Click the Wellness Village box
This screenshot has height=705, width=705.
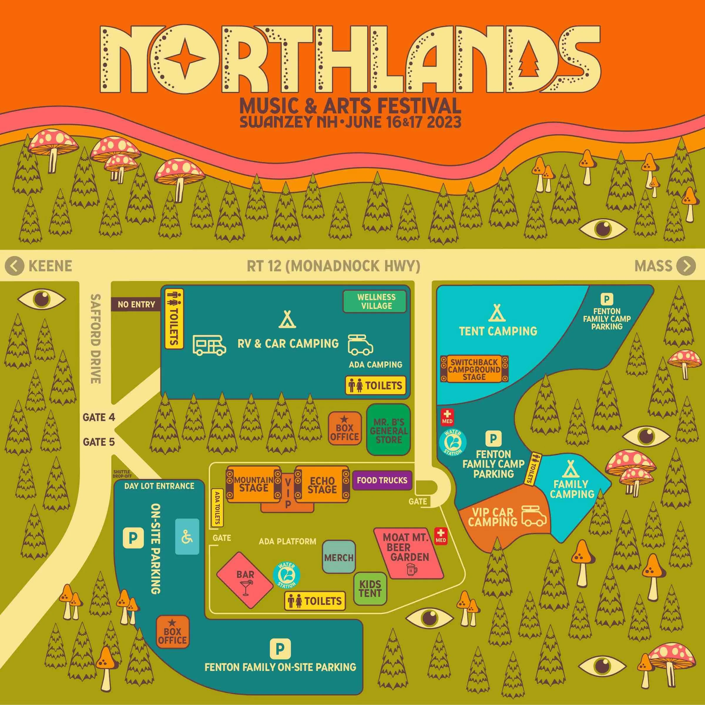(x=374, y=302)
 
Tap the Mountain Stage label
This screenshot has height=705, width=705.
(x=254, y=484)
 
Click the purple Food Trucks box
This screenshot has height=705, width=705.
(x=382, y=480)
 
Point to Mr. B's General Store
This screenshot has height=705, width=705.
(x=388, y=430)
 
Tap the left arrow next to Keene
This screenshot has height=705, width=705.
(x=14, y=266)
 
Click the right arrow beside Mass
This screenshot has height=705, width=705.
(x=686, y=266)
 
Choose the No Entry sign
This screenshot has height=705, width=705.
(x=136, y=304)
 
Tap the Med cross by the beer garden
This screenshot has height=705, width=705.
(x=441, y=535)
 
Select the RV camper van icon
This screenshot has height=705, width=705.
(x=209, y=345)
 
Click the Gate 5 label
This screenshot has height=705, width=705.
(x=99, y=442)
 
